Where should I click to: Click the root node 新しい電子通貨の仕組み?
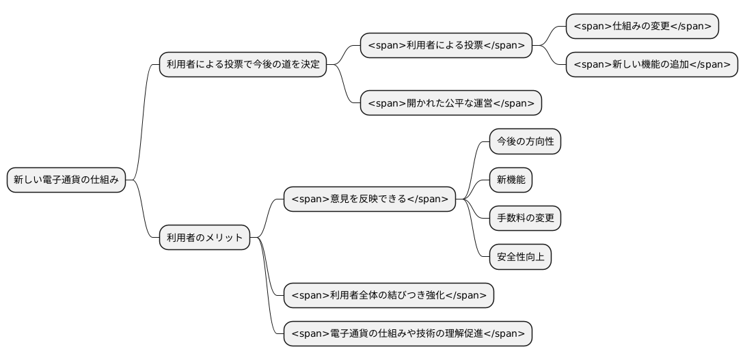tap(66, 180)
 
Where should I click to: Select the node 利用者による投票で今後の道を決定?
tap(243, 65)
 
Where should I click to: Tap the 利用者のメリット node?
tap(204, 238)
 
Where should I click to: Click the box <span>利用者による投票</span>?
tap(446, 46)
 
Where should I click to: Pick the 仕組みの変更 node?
tap(642, 27)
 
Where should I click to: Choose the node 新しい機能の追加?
tap(651, 65)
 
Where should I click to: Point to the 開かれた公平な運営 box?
tap(450, 103)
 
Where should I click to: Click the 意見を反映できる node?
tap(369, 199)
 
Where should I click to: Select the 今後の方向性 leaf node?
tap(525, 142)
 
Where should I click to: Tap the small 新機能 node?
tap(511, 180)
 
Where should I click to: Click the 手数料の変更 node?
tap(525, 219)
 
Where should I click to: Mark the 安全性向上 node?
tap(520, 257)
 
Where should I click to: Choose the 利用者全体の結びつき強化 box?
tap(388, 296)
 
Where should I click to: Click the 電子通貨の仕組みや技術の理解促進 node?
tap(407, 334)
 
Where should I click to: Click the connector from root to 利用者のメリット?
tap(144, 212)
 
